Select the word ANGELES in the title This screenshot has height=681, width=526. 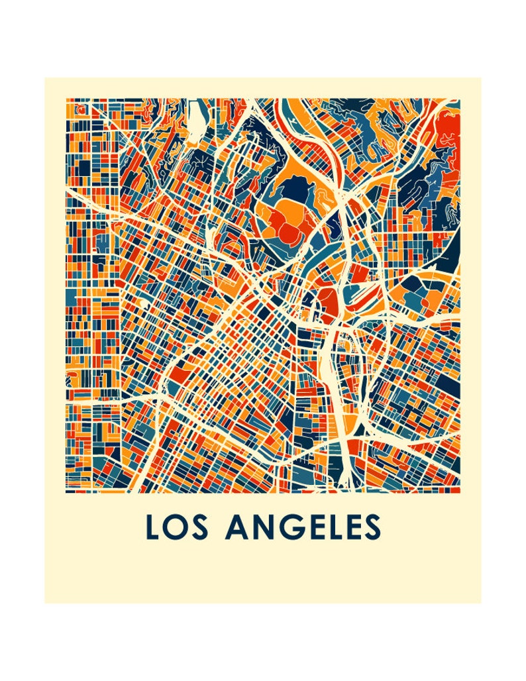tap(303, 527)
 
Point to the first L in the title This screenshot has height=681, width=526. tap(152, 527)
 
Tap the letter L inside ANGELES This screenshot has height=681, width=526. tap(329, 527)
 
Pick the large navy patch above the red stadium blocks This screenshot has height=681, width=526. tap(297, 191)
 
